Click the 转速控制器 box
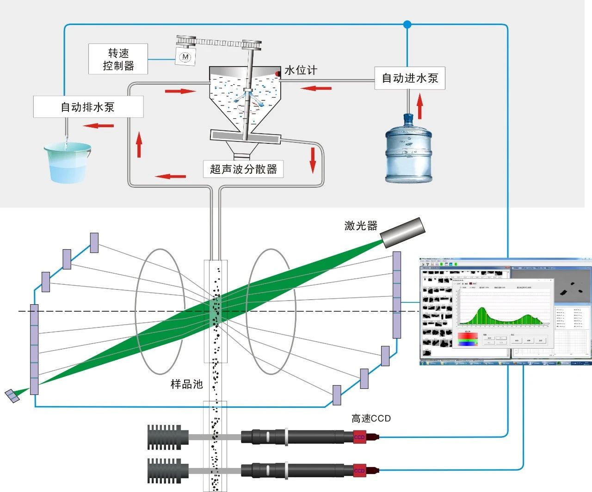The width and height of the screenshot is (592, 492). pos(118,59)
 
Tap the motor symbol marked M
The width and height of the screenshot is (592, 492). pos(185,57)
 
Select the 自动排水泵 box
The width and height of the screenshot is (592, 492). pos(88,107)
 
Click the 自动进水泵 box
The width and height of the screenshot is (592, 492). pos(409,78)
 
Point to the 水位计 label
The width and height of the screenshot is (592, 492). pos(301,70)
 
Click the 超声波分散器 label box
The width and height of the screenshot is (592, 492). pos(243,169)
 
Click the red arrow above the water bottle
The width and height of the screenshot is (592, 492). pos(419,106)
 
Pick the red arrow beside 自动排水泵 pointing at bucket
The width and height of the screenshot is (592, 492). pos(99,125)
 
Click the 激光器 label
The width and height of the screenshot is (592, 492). pos(361,226)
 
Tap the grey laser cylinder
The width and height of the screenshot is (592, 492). pos(402,232)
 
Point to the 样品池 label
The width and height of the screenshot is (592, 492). pos(186,384)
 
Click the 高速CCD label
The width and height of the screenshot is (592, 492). pos(371,418)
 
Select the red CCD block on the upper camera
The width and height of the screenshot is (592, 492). pos(359,437)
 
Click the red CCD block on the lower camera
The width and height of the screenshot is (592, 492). pos(359,471)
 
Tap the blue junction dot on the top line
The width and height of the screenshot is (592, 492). pos(407,24)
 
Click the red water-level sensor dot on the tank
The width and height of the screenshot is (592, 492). pos(278,74)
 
